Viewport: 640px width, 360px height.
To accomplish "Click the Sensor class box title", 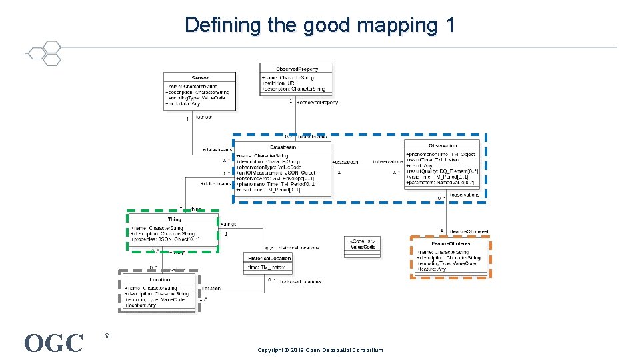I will [x=200, y=78].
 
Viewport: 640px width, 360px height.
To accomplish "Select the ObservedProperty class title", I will [x=297, y=69].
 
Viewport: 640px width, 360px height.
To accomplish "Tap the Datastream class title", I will [x=283, y=147].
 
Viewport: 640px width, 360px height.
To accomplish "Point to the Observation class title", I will [x=443, y=145].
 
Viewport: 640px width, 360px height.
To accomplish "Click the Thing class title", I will [x=174, y=219].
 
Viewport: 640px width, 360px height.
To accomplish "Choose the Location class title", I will [x=159, y=279].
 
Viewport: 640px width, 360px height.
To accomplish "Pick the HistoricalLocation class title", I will [x=269, y=258].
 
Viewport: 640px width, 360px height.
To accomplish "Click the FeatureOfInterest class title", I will [x=451, y=243].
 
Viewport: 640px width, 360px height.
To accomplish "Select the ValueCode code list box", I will [x=363, y=244].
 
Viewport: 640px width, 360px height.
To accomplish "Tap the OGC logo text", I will [x=54, y=343].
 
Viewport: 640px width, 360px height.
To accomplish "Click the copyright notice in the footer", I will [x=320, y=350].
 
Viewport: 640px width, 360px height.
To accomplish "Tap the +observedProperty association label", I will [x=317, y=103].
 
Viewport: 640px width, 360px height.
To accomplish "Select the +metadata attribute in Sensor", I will [x=183, y=104].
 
